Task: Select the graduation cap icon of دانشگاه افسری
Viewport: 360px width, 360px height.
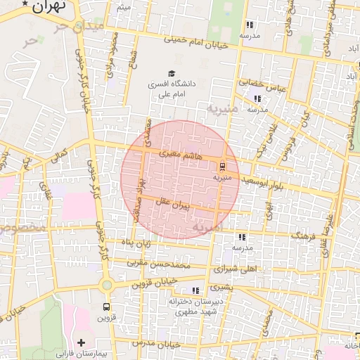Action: pyautogui.click(x=171, y=73)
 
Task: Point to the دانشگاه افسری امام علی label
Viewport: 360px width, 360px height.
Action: pyautogui.click(x=171, y=89)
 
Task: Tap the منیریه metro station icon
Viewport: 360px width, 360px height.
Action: pyautogui.click(x=222, y=167)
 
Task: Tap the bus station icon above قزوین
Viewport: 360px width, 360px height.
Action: pyautogui.click(x=106, y=307)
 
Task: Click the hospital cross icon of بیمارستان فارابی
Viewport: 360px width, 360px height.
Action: pyautogui.click(x=82, y=342)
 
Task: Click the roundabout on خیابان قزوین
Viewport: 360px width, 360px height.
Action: pyautogui.click(x=106, y=285)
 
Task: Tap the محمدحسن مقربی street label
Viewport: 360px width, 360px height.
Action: pyautogui.click(x=160, y=265)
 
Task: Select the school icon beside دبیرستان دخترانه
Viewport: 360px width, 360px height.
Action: pyautogui.click(x=195, y=290)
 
